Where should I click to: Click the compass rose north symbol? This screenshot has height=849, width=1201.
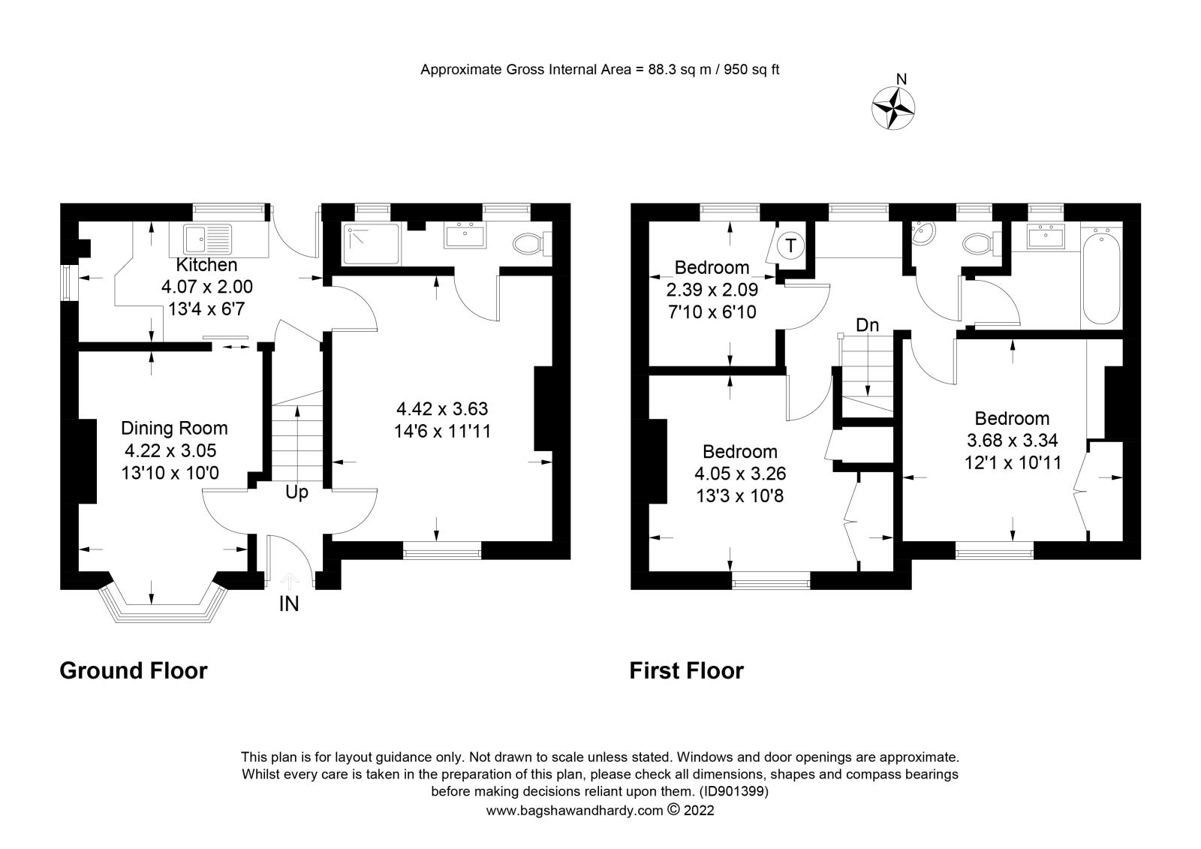point(893,107)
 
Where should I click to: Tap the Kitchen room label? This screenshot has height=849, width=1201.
point(206,265)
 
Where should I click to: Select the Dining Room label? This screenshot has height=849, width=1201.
point(174,429)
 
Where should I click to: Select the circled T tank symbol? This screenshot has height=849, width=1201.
point(790,245)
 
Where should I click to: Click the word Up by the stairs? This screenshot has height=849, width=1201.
point(296,493)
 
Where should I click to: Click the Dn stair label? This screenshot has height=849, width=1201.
point(868,325)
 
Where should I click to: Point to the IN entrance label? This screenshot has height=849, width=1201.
point(289,604)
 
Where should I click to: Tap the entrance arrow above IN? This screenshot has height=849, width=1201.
point(290,580)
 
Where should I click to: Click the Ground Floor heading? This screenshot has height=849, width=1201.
point(133,670)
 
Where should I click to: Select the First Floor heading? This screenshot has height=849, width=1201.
point(686,670)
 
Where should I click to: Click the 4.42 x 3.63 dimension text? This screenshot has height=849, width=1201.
point(441,409)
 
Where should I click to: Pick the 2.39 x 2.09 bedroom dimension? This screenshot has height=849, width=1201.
point(712,290)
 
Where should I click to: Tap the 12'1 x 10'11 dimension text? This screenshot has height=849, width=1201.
point(1013,462)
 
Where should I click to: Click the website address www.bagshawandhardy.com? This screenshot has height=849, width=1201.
point(574,811)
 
